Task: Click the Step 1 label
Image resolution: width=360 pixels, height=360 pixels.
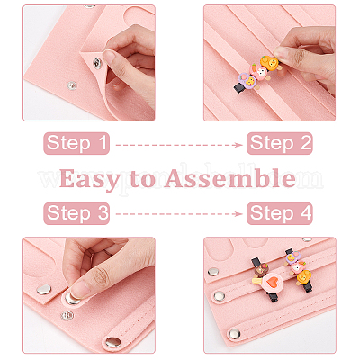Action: [x=76, y=143]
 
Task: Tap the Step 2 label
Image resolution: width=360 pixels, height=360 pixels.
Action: [x=280, y=143]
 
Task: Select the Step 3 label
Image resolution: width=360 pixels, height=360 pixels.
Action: [x=76, y=213]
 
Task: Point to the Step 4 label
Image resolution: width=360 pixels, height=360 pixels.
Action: [x=280, y=213]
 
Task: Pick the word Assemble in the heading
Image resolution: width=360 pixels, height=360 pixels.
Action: [x=230, y=178]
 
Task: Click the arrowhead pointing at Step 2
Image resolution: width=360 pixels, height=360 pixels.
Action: [x=239, y=145]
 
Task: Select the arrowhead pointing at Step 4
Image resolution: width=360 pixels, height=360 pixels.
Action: [x=239, y=214]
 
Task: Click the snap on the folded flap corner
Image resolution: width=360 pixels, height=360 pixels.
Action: [x=97, y=63]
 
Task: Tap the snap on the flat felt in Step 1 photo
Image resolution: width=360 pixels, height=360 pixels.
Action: [x=71, y=85]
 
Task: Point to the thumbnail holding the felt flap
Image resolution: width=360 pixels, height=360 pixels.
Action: [x=109, y=56]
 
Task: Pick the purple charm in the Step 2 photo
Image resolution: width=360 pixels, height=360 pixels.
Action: [x=247, y=80]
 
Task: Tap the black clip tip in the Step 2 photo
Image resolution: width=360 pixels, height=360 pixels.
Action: [x=238, y=87]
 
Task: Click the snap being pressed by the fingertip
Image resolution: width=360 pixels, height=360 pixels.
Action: [x=73, y=298]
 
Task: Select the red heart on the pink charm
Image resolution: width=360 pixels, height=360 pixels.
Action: [x=271, y=283]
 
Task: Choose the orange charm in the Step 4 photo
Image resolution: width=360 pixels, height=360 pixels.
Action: [x=303, y=276]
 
